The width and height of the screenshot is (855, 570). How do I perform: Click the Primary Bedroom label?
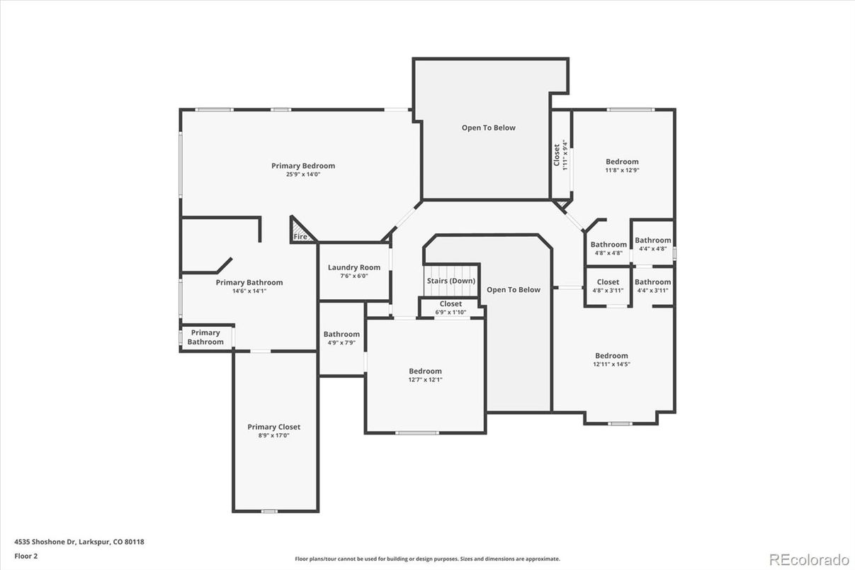(x=303, y=166)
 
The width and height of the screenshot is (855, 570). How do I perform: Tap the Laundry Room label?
(x=353, y=267)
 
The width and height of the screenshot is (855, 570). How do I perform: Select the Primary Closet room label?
(x=273, y=427)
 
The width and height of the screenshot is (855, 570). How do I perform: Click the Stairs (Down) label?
(x=451, y=281)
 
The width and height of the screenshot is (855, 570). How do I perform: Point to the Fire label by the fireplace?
(x=300, y=237)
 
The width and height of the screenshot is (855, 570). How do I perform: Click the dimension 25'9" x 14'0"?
(x=303, y=174)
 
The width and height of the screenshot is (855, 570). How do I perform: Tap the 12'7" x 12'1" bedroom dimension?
(x=425, y=380)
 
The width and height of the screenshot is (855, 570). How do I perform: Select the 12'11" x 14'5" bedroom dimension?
(x=611, y=364)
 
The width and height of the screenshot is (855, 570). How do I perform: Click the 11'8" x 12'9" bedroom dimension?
(x=622, y=170)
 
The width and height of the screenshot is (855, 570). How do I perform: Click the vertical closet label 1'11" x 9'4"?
(x=560, y=155)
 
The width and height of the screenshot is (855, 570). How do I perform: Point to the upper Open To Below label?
(x=488, y=128)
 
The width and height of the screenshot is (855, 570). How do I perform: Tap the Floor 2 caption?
(x=26, y=556)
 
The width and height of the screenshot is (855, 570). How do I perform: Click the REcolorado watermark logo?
(x=809, y=559)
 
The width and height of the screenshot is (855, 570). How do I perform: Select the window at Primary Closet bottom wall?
(x=269, y=511)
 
